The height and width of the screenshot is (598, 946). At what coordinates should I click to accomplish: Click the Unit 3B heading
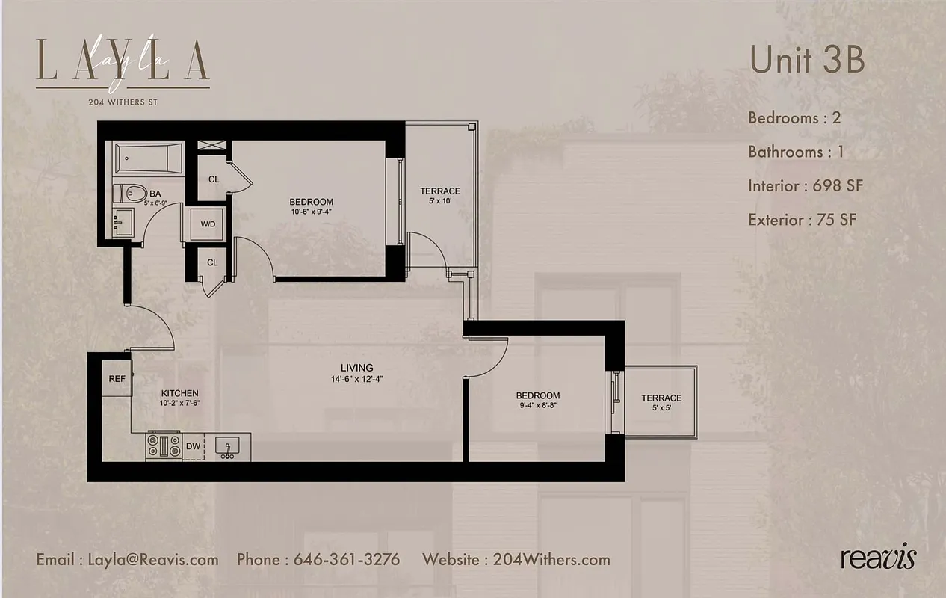tap(807, 60)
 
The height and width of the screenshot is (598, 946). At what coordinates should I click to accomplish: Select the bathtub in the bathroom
tap(148, 158)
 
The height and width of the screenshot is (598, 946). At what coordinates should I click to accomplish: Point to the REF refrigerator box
tap(117, 379)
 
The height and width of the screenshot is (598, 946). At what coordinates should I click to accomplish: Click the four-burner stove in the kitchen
tap(164, 446)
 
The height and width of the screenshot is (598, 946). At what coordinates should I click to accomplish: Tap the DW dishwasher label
tap(193, 446)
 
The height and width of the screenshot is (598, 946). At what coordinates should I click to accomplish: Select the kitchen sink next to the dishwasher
tap(226, 447)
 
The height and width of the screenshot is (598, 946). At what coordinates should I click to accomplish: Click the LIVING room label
tap(356, 368)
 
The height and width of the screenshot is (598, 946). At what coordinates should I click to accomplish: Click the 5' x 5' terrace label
tap(661, 403)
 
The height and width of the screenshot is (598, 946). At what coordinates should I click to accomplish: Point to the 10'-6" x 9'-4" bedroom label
tap(312, 206)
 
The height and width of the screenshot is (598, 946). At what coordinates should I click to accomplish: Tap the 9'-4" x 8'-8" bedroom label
tap(537, 401)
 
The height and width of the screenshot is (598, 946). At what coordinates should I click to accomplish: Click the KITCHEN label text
tap(180, 393)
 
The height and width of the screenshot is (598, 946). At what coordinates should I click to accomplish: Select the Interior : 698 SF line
tap(806, 185)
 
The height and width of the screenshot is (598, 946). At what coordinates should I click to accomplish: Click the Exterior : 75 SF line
tap(802, 220)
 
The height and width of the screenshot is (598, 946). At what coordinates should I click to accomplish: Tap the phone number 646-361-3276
tap(347, 559)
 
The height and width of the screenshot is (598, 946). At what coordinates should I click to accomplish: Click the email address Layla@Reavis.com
tap(153, 559)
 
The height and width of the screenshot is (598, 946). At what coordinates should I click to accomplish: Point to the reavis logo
tap(877, 558)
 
